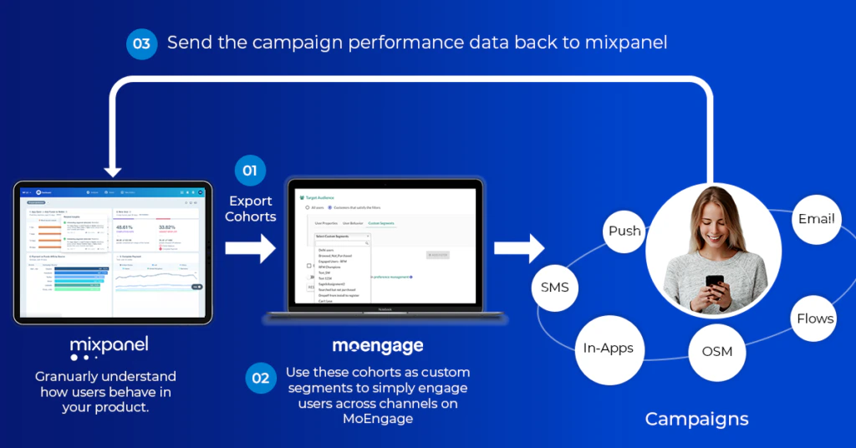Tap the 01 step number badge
[250, 171]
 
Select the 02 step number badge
[261, 378]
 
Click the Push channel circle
[624, 231]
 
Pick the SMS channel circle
[554, 288]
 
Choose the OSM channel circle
[716, 351]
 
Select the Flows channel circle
[814, 318]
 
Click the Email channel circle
[816, 219]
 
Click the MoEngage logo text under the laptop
[378, 345]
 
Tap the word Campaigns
[696, 419]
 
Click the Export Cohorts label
[250, 208]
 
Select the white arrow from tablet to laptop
[250, 248]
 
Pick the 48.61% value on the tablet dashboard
[125, 228]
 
